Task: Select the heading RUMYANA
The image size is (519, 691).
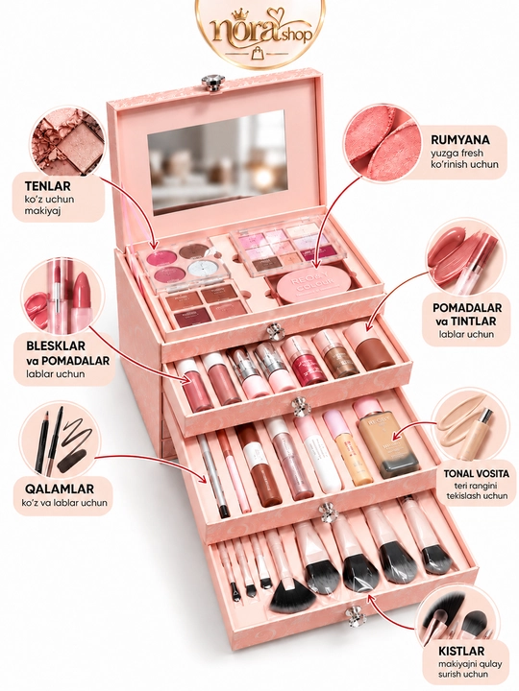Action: (x=460, y=140)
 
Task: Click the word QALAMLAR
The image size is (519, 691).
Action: (x=60, y=488)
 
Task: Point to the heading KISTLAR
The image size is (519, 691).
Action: (x=461, y=651)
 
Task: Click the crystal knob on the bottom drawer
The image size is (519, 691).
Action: (x=354, y=615)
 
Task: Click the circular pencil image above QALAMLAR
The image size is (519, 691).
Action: (x=61, y=442)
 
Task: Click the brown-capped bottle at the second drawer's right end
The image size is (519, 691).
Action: (x=370, y=347)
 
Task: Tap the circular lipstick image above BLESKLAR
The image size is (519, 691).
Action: (x=61, y=297)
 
